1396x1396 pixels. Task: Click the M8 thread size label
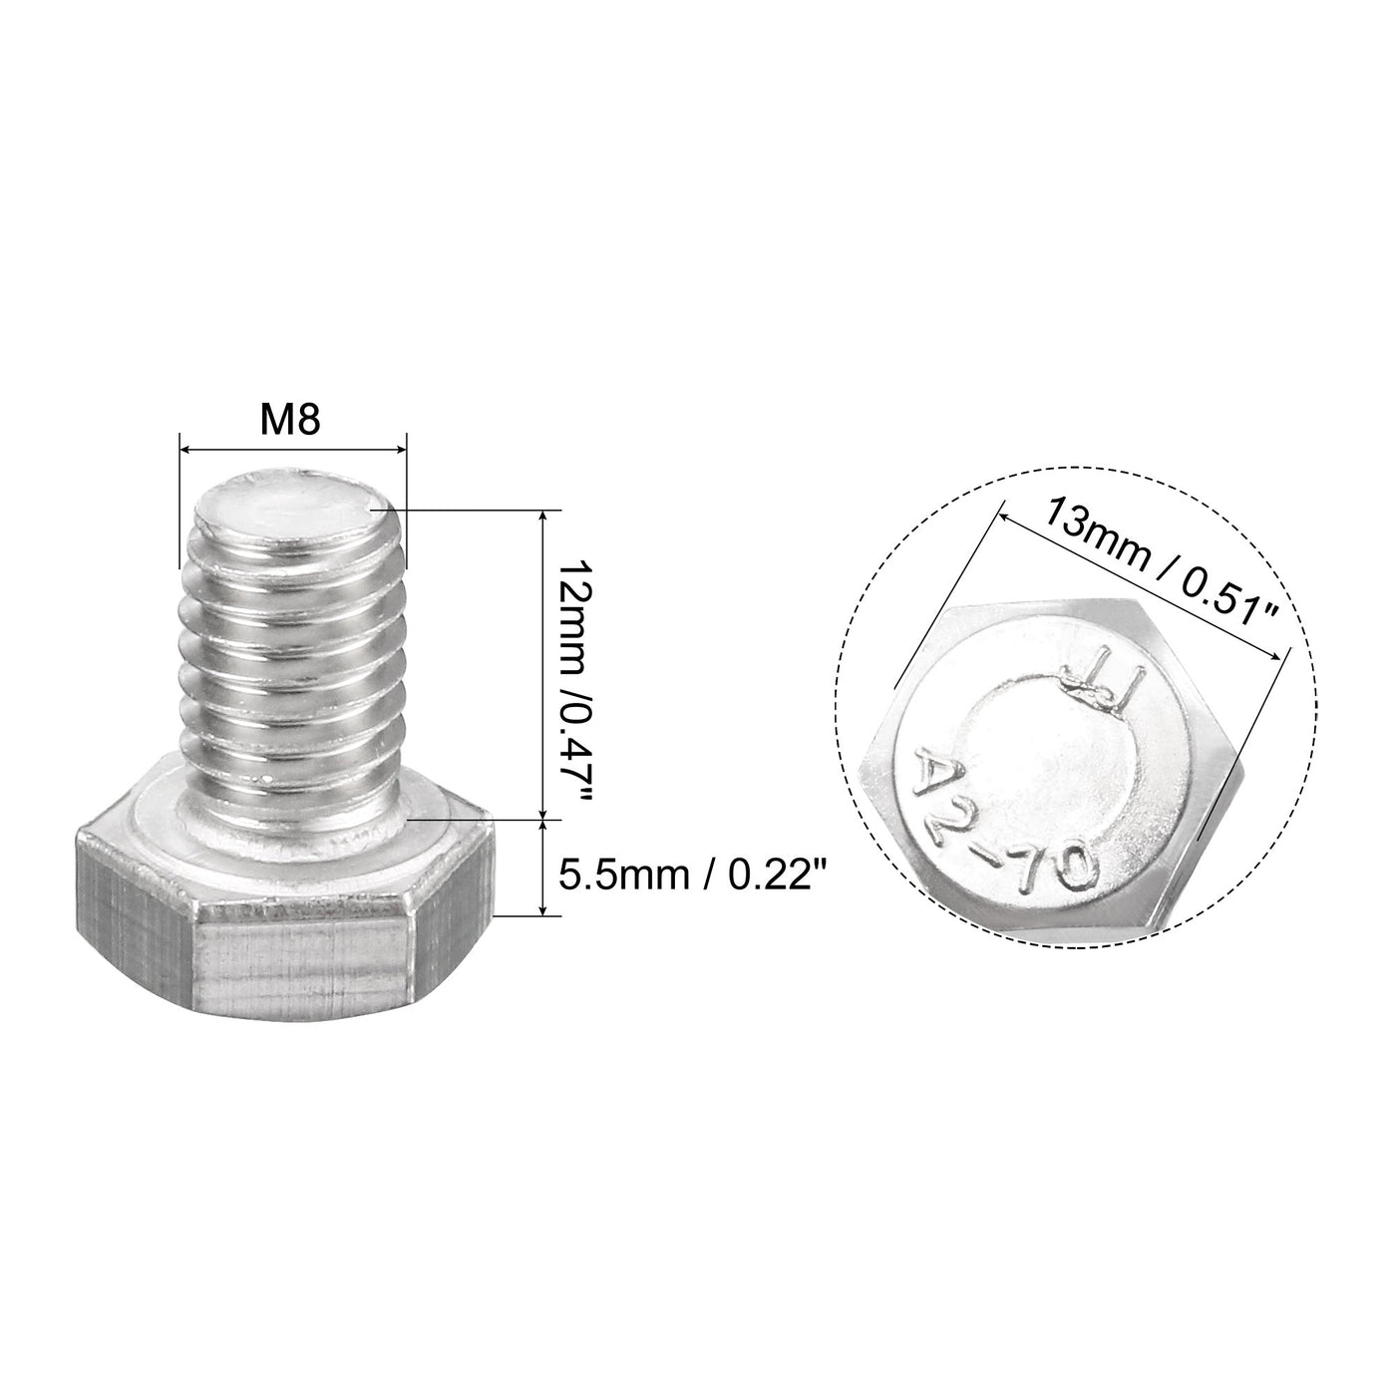[x=290, y=420]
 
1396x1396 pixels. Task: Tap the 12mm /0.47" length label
[x=577, y=666]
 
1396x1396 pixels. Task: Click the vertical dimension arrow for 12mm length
[x=542, y=666]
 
